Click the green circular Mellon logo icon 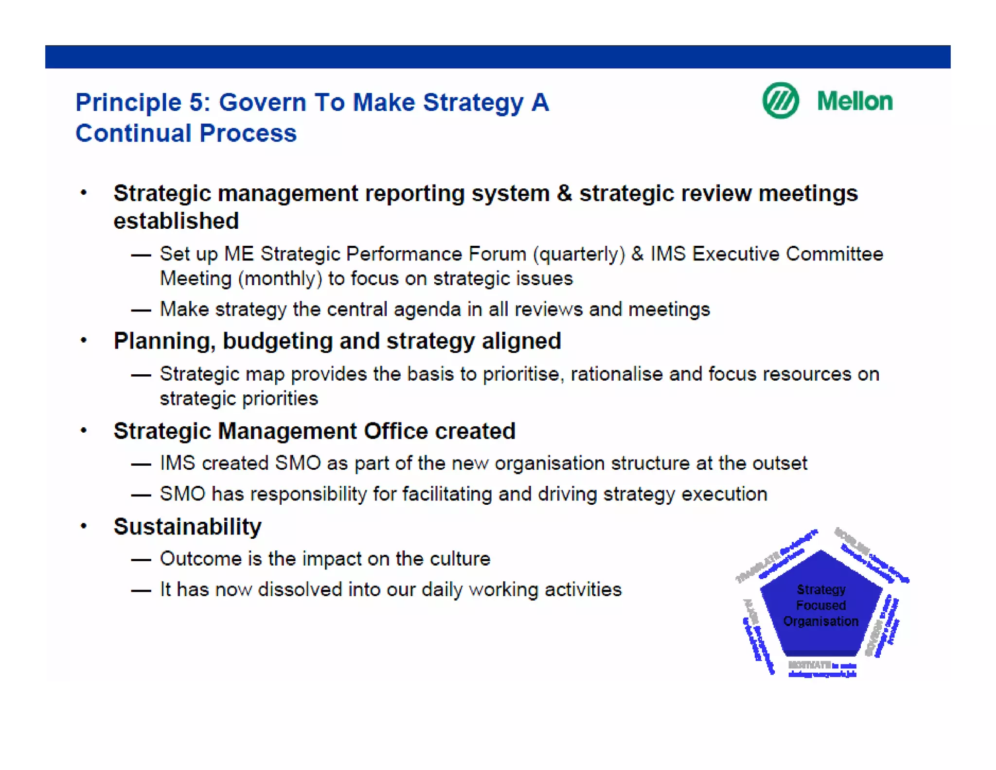coord(780,100)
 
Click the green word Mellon coord(854,101)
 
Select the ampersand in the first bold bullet coord(564,193)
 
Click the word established coord(176,221)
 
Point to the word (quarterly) coord(579,254)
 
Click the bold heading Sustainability coord(187,527)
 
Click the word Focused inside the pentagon coord(820,605)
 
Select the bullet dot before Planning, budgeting coord(84,340)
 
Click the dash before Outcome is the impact coord(141,560)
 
